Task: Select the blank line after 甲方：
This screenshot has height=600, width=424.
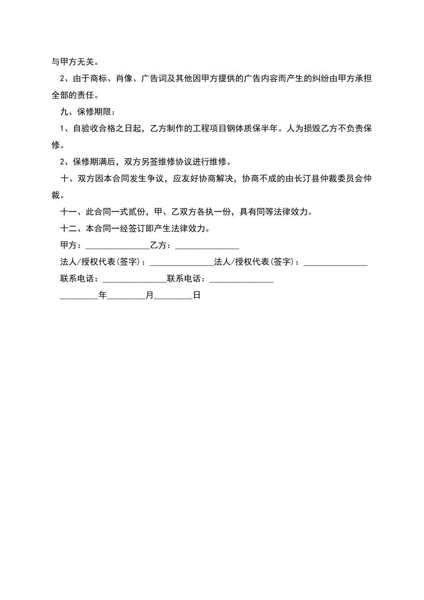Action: (117, 246)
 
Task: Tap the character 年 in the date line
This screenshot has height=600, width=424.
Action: (103, 296)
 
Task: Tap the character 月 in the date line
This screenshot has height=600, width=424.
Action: (150, 296)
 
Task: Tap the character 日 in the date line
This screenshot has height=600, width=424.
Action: (197, 296)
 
